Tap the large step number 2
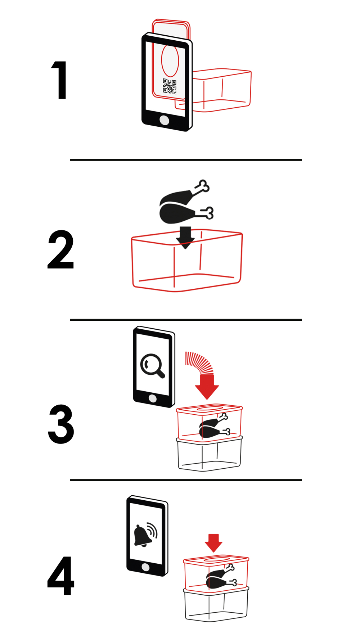point(60,250)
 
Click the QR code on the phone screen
point(170,86)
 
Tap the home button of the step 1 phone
point(164,120)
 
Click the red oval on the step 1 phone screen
point(170,60)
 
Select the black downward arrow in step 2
point(186,238)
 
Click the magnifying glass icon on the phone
point(152,366)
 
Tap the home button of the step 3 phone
point(153,398)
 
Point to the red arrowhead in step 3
point(207,387)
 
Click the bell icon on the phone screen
point(145,535)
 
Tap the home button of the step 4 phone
point(145,567)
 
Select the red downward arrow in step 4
point(213,543)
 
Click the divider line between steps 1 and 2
point(186,159)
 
